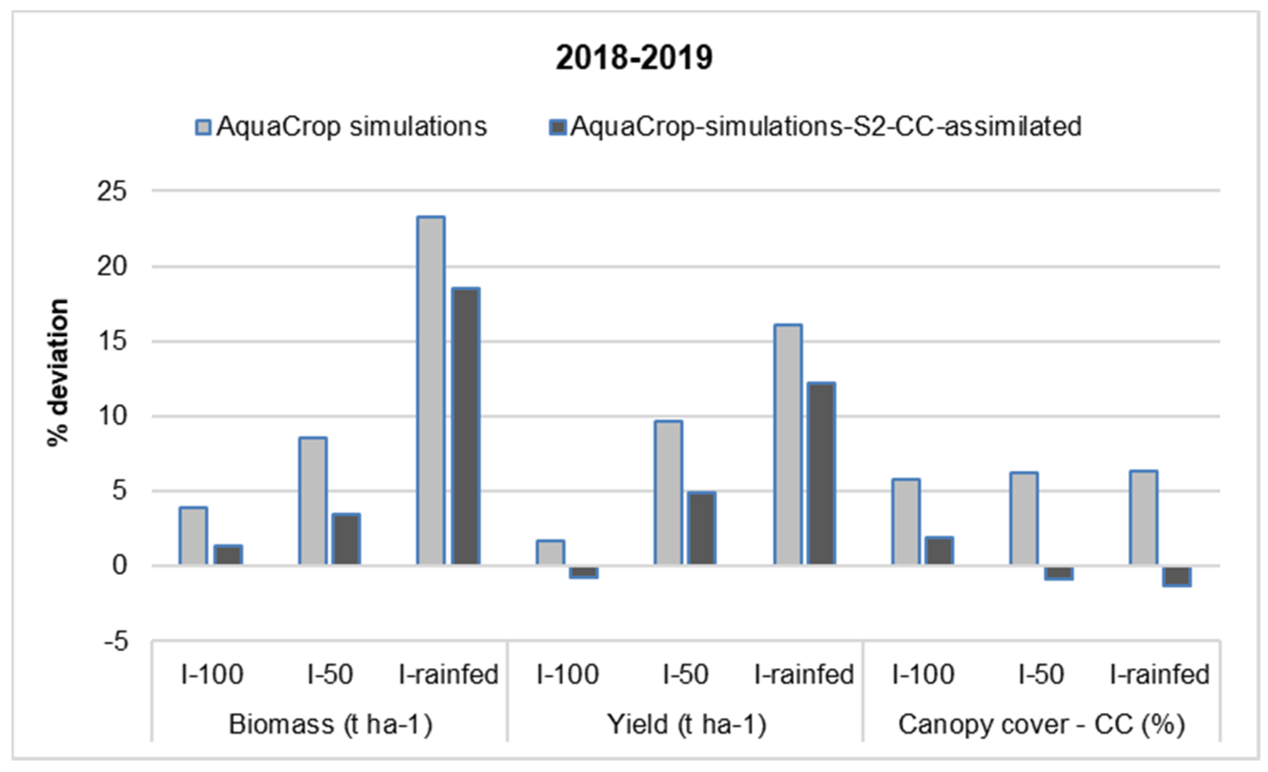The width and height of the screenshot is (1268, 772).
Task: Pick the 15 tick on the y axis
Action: coord(112,341)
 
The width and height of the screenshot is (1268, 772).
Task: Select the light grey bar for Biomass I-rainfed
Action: coord(431,391)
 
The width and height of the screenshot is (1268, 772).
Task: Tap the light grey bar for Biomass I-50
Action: coord(312,501)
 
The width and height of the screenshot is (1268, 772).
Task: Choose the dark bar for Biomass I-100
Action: coord(228,555)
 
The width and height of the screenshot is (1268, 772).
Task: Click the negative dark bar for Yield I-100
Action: coord(584,572)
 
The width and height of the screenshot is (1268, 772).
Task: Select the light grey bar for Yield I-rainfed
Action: coord(788,445)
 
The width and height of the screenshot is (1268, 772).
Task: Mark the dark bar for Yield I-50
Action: coord(702,529)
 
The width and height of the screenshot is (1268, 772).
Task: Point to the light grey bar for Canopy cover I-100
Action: coord(906,522)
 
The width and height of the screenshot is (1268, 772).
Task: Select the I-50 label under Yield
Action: coord(685,674)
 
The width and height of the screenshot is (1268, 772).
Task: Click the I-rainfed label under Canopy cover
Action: coord(1159,674)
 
